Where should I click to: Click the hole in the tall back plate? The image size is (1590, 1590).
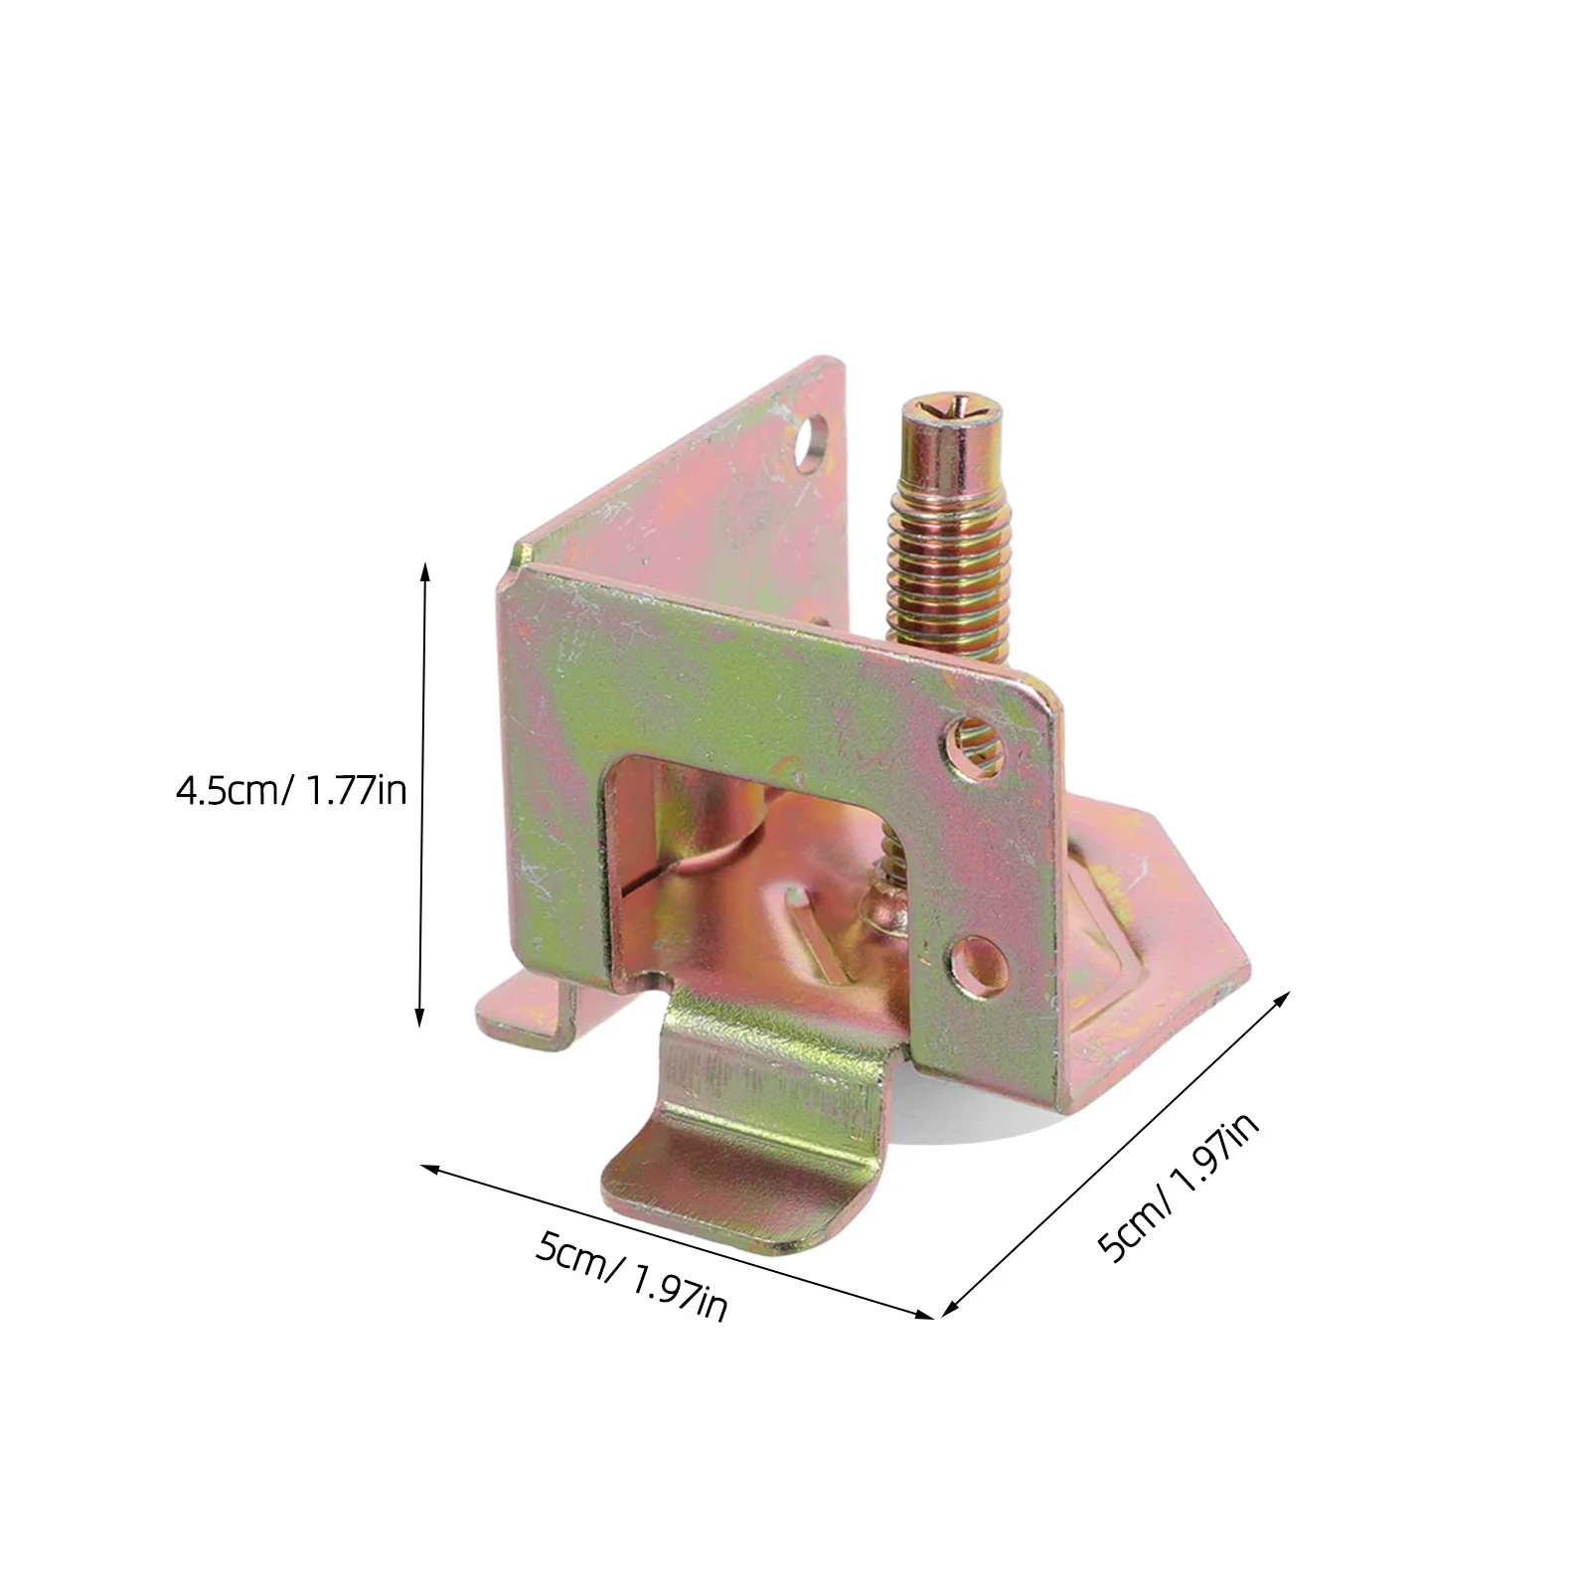tap(813, 439)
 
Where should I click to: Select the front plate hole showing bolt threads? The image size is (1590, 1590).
tap(975, 739)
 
